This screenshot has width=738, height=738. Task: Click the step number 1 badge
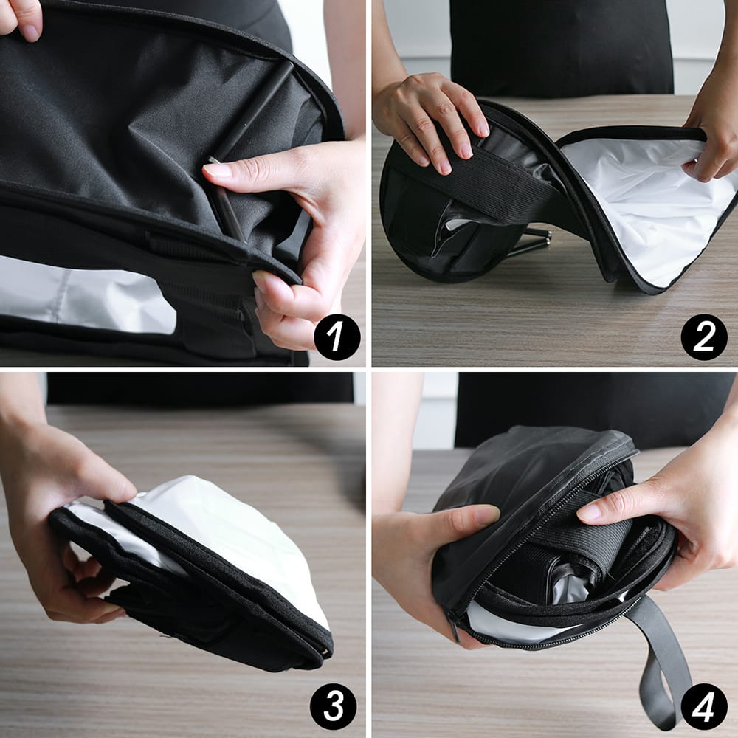coord(337,337)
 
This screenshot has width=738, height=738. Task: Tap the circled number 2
coord(704,337)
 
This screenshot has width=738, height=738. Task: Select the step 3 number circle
coord(333,706)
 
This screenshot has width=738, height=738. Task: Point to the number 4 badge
coord(704,706)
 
